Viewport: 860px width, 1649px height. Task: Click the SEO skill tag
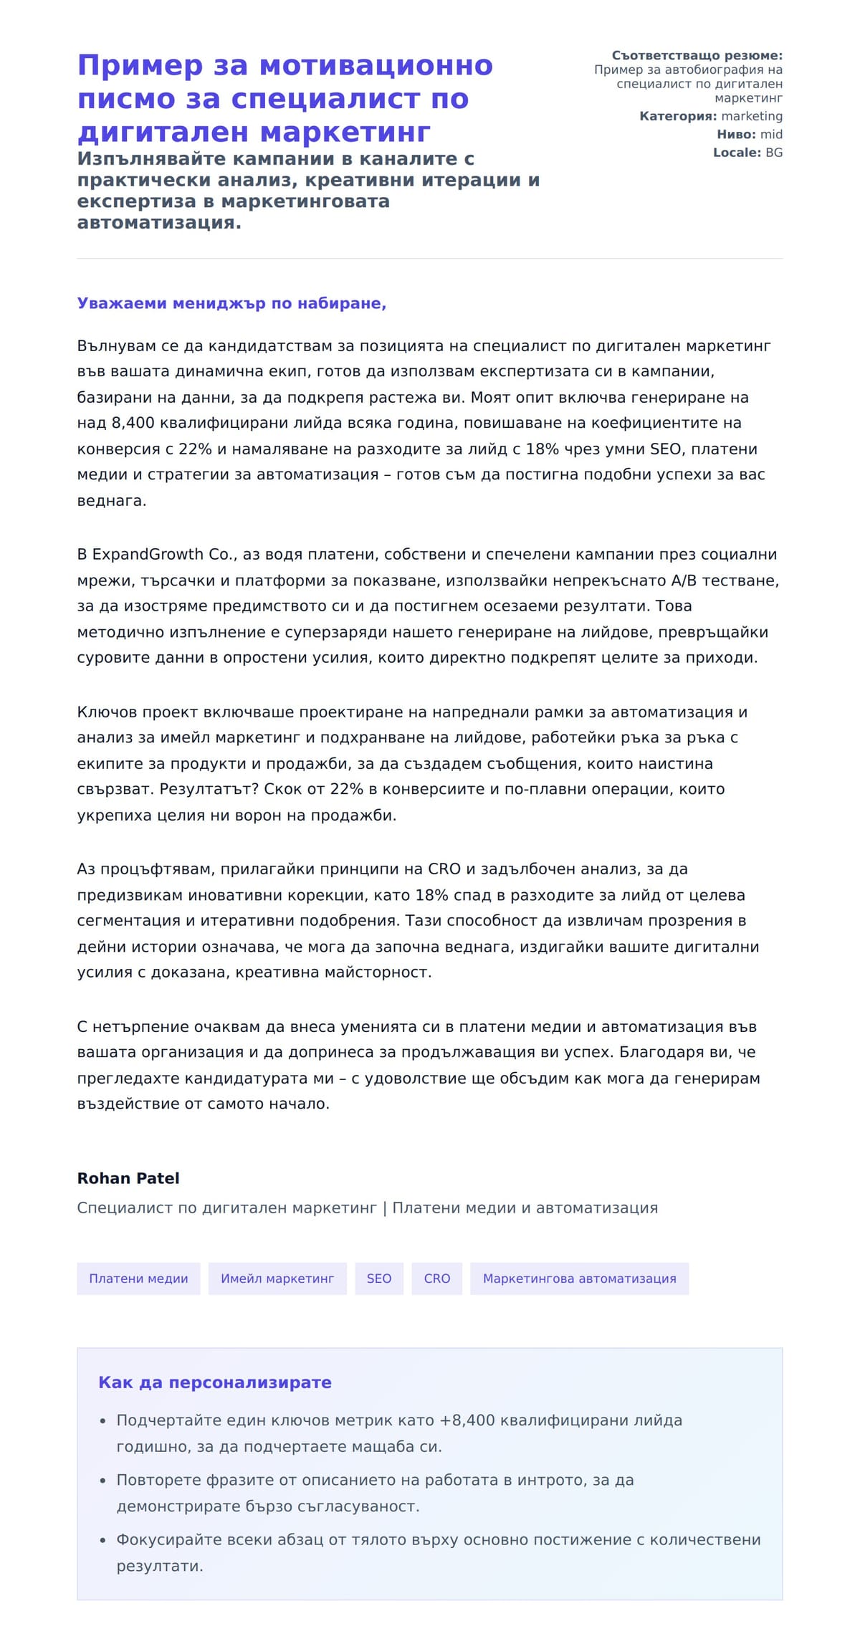378,1278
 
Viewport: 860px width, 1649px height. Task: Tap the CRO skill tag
436,1278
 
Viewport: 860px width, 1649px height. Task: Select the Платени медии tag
138,1278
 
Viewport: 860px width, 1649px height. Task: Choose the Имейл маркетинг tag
277,1278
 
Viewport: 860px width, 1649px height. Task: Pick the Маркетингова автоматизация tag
579,1278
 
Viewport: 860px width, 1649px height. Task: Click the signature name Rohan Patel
128,1178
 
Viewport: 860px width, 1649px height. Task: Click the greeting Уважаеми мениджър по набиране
231,303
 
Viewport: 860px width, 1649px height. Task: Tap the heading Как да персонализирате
215,1382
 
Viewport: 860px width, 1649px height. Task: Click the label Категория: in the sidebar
678,116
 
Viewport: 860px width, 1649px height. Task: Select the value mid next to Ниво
771,134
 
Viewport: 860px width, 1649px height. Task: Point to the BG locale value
774,153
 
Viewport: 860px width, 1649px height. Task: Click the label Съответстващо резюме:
697,55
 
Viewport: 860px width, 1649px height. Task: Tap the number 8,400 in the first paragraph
133,423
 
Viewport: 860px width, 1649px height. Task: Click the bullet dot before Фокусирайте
102,1540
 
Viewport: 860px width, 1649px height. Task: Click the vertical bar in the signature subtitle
385,1208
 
